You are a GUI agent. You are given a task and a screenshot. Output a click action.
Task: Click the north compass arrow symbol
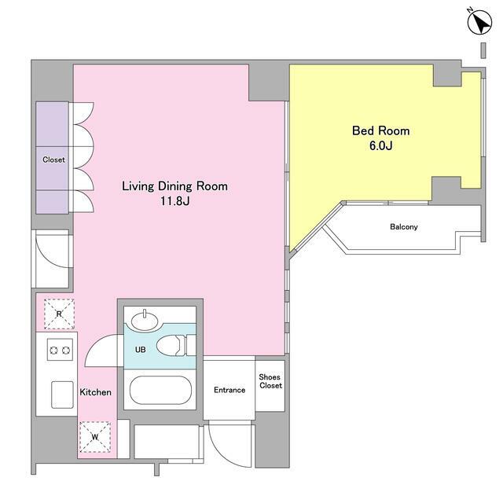click(479, 22)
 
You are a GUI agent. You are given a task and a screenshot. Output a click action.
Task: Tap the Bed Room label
click(380, 131)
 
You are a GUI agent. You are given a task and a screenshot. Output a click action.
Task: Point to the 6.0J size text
click(380, 145)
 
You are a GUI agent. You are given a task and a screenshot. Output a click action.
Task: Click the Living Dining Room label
click(174, 186)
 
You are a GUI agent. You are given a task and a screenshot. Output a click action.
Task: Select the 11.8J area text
click(174, 201)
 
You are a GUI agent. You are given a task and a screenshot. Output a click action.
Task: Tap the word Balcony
click(404, 227)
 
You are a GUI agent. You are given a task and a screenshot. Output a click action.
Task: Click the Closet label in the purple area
click(53, 160)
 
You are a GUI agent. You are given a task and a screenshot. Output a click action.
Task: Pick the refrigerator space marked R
click(60, 314)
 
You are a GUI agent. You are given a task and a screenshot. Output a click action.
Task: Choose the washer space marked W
click(95, 437)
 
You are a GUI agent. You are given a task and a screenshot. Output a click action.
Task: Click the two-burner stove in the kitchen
click(60, 350)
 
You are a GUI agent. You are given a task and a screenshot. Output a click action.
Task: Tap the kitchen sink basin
click(62, 395)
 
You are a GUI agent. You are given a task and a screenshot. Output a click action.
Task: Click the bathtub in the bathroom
click(160, 390)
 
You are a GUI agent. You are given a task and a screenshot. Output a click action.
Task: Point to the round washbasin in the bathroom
click(145, 321)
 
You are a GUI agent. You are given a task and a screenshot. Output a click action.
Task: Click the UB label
click(140, 349)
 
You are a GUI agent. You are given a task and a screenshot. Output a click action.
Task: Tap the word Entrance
click(229, 390)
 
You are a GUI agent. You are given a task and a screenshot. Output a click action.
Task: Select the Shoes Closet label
click(270, 381)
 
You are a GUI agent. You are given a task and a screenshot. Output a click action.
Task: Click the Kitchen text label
click(95, 392)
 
